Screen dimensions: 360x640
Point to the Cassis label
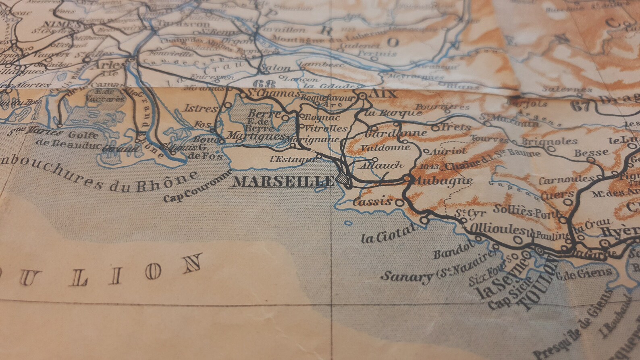tap(372, 201)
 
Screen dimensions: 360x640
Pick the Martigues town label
tap(255, 137)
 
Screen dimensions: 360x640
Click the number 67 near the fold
tap(580, 106)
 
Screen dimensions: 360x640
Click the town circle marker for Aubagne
tap(407, 177)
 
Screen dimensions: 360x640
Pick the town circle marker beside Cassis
tap(400, 203)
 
